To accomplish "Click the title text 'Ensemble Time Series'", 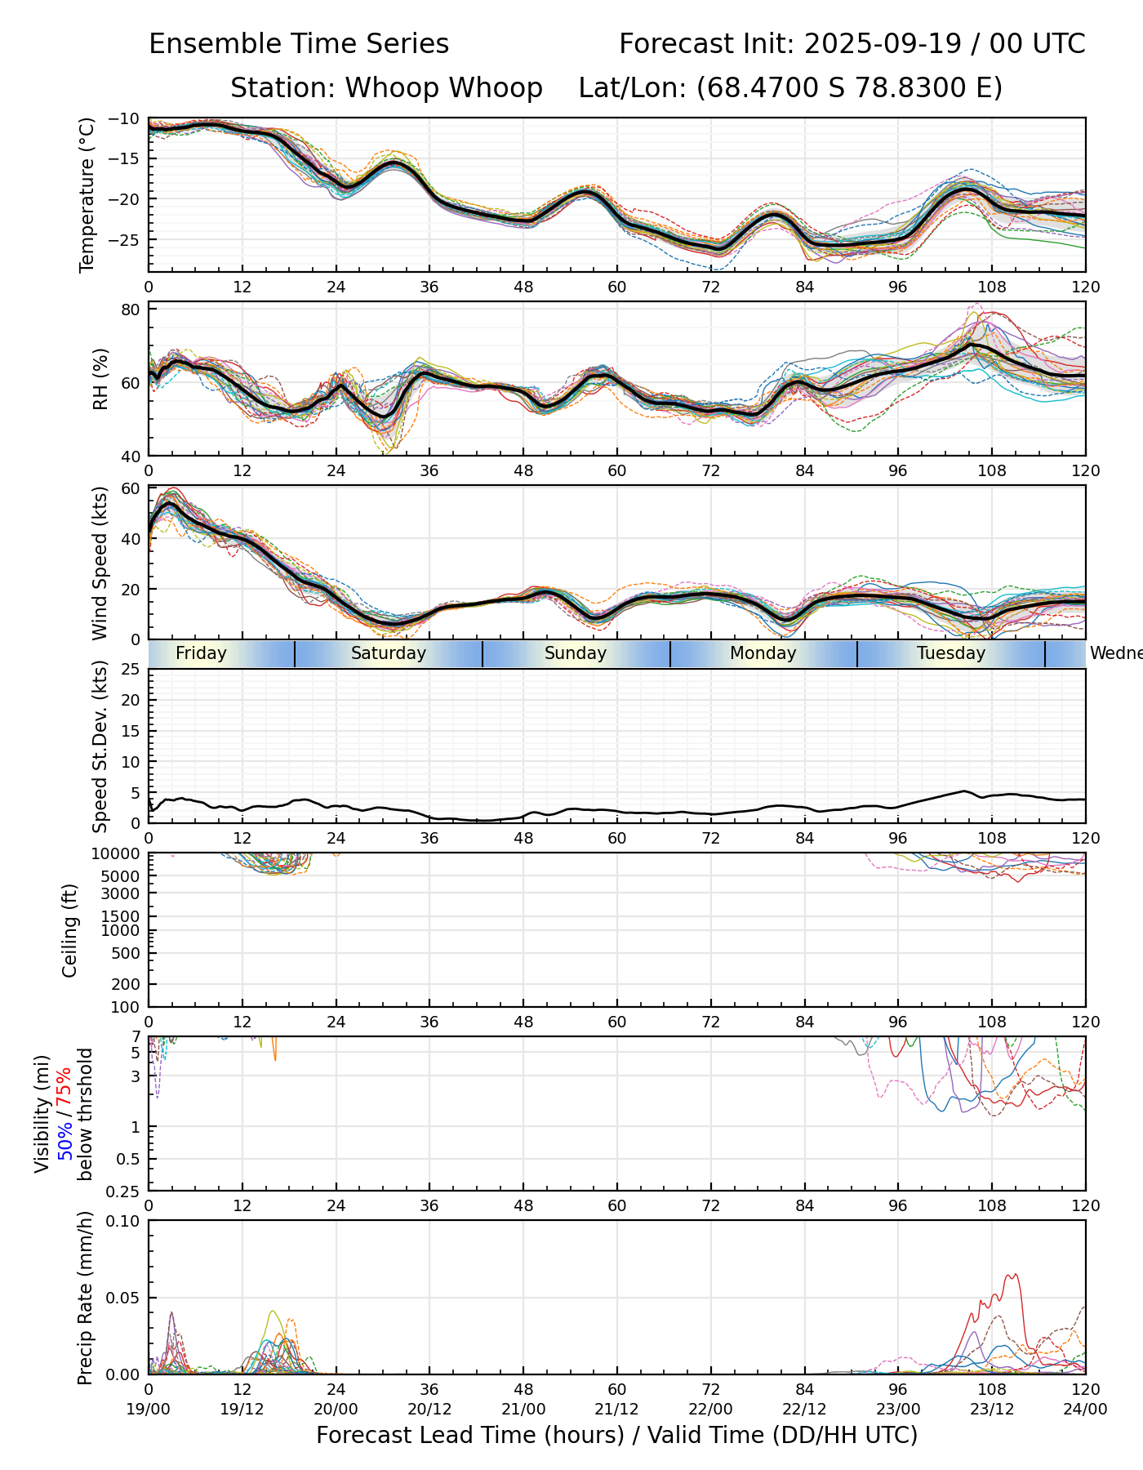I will [299, 44].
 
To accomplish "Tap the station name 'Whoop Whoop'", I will [443, 88].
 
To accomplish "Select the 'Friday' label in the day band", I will [201, 653].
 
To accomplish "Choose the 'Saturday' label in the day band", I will [389, 653].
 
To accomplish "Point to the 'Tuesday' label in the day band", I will [951, 653].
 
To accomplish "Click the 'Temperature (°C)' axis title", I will [87, 194].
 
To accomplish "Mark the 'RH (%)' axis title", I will [100, 379].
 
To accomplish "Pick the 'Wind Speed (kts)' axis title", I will [100, 563].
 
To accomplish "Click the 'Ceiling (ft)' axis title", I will [70, 930].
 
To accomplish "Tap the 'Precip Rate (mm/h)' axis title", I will [85, 1298].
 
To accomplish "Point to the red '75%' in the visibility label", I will [64, 1085].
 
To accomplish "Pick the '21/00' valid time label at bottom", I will [523, 1409].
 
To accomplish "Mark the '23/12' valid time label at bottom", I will [992, 1409].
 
